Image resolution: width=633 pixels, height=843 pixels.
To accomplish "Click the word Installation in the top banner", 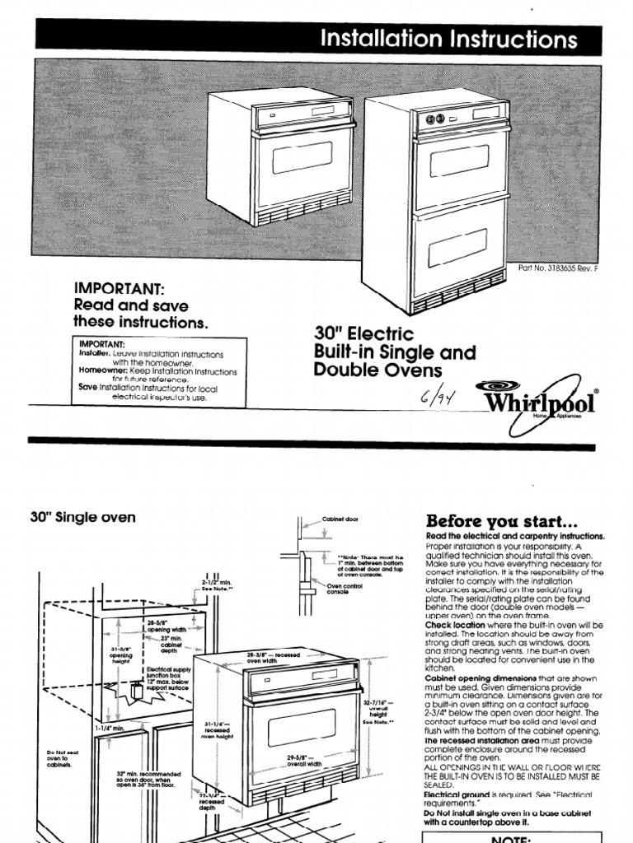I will [x=371, y=39].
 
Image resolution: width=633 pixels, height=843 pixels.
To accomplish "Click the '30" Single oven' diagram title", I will [x=83, y=518].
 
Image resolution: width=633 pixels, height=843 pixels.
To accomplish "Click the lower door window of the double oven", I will [x=458, y=243].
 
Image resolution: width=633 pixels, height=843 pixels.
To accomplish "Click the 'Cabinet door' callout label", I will [x=339, y=521].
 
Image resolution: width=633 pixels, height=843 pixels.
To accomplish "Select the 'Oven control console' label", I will [x=343, y=591].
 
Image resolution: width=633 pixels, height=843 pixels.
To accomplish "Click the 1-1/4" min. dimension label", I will [x=108, y=728].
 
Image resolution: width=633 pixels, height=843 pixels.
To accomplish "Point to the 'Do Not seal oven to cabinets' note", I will [x=59, y=757].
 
